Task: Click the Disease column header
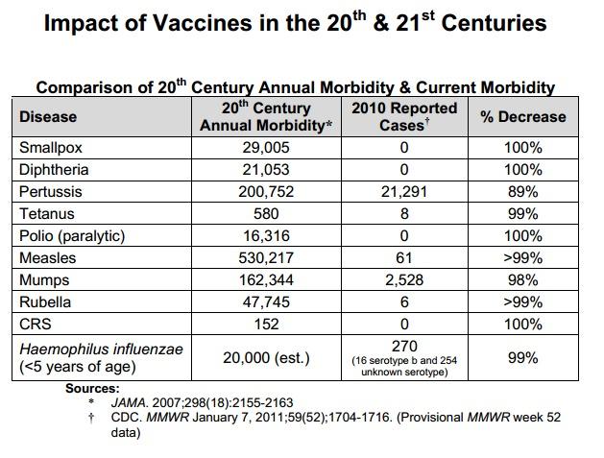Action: tap(48, 117)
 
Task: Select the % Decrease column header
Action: tap(523, 117)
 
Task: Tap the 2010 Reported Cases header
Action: tap(404, 117)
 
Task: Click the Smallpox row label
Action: tap(51, 148)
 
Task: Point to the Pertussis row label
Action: tap(51, 191)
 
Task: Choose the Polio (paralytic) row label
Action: tap(72, 236)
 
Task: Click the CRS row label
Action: tap(36, 324)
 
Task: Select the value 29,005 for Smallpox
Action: tap(266, 148)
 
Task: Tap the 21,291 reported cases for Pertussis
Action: tap(404, 191)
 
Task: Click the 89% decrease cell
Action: tap(522, 191)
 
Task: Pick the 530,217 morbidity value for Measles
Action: tap(266, 257)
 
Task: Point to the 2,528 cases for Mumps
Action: tap(404, 280)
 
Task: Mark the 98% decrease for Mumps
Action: tap(522, 280)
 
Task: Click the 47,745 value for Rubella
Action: tap(266, 302)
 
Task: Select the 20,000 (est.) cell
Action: tap(266, 358)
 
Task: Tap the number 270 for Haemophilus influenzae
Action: tap(404, 346)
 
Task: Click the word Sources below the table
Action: tap(92, 388)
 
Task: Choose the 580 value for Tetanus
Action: tap(266, 214)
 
